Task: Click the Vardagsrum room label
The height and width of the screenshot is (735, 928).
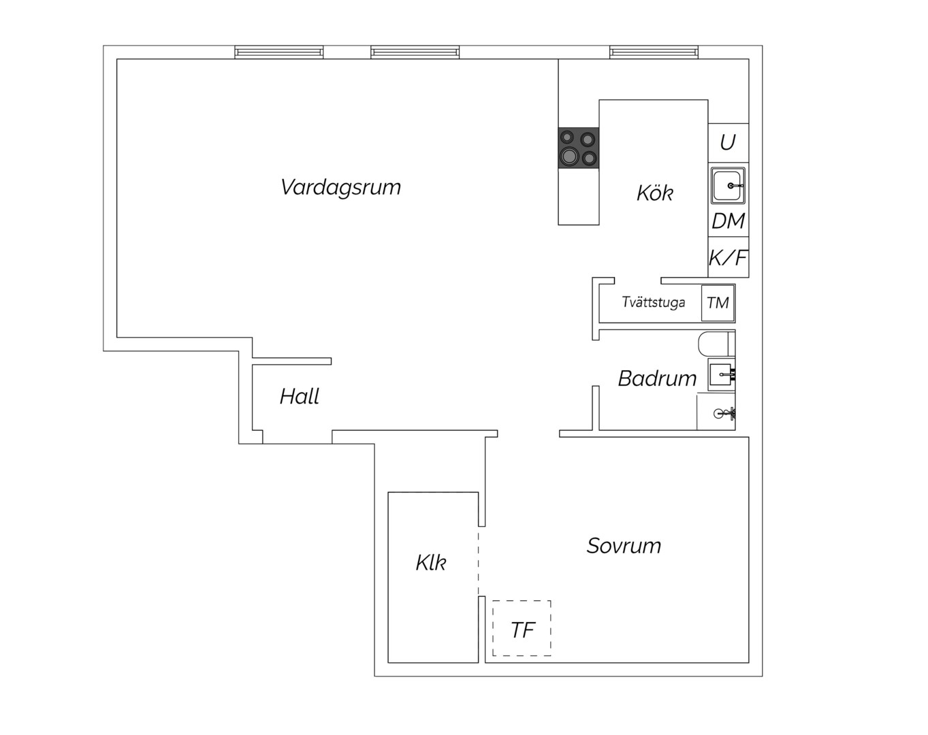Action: tap(340, 188)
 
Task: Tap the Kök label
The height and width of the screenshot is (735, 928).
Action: tap(654, 193)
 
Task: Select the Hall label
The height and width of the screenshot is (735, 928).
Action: tap(300, 396)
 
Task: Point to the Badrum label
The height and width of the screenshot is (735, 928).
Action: tap(657, 378)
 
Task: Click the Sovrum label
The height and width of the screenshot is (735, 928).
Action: tap(624, 546)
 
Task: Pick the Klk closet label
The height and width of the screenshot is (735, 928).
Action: tap(431, 563)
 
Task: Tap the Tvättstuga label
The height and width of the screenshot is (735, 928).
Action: tap(654, 301)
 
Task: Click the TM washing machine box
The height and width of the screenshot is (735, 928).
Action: tap(718, 303)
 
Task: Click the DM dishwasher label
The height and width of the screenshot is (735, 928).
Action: tap(729, 221)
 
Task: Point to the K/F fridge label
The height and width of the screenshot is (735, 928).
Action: tap(729, 258)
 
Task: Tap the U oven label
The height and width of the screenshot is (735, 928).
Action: tap(728, 142)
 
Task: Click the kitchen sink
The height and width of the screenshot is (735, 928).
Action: tap(728, 185)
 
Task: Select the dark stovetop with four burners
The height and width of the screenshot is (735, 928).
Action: tap(578, 148)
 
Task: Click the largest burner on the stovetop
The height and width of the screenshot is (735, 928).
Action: tap(570, 154)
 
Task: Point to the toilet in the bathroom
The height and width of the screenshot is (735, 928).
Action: tap(716, 344)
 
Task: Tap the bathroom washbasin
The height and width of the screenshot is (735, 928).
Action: tap(721, 374)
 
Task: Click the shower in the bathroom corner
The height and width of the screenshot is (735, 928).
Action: tap(716, 412)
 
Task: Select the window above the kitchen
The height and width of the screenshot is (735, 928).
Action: tap(654, 52)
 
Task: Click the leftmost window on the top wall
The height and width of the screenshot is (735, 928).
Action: tap(279, 52)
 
